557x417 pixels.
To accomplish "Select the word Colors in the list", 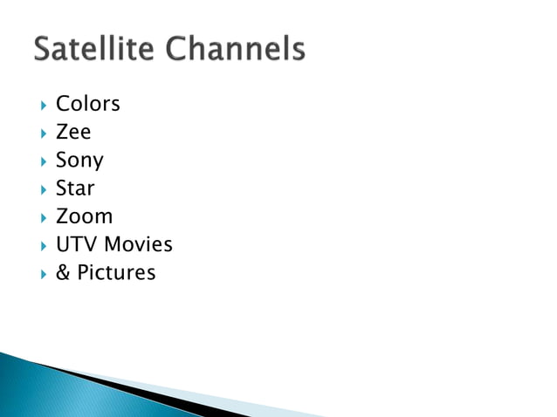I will pos(87,105).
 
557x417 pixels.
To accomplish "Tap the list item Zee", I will pos(73,133).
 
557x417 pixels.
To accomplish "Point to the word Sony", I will pos(79,161).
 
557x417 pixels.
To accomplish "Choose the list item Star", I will pos(75,188).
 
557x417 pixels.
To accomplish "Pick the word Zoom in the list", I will pos(84,216).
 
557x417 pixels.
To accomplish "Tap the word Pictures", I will pos(116,272).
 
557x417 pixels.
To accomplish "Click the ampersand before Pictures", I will pos(63,272).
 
